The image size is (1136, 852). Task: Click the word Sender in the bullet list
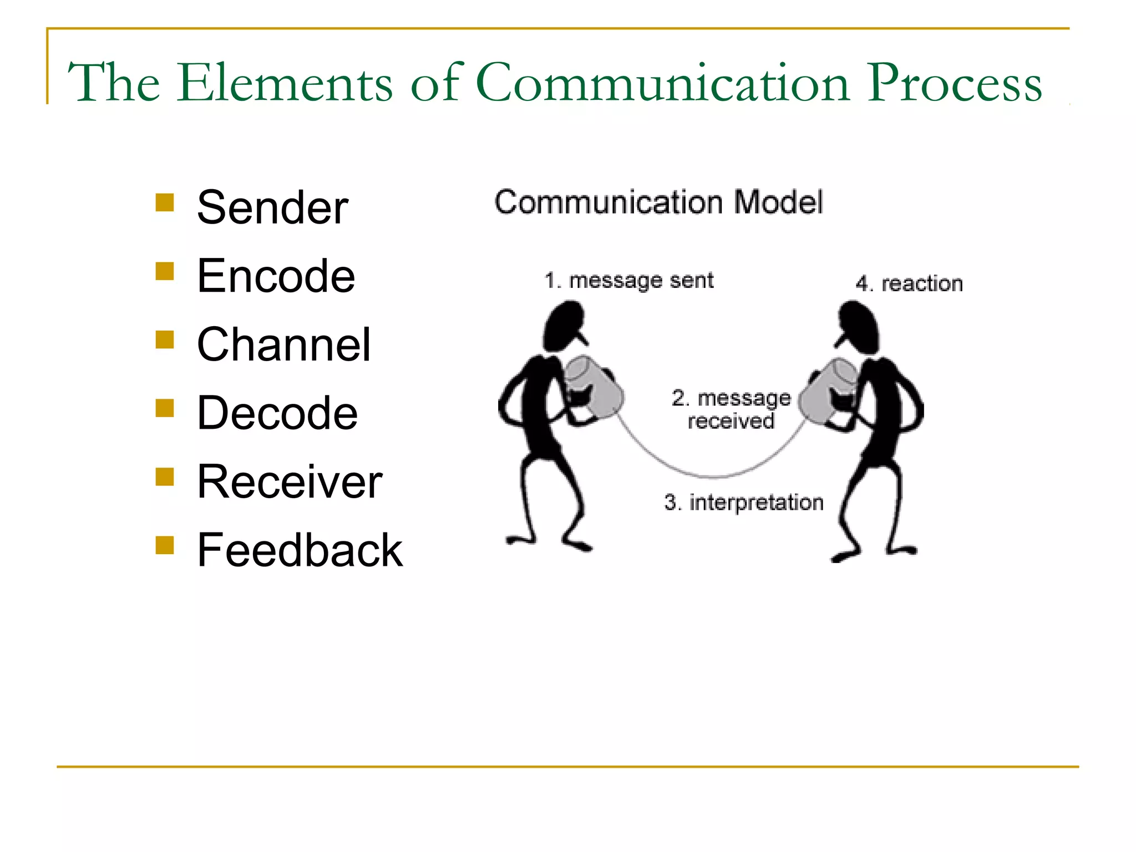tap(272, 207)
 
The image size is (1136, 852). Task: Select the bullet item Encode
tap(276, 276)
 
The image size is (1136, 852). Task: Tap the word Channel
tap(283, 344)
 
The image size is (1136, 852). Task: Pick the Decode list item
tap(277, 413)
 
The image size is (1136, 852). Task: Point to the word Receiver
tap(290, 481)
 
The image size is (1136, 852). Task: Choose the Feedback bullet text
tap(300, 550)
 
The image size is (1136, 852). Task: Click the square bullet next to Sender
tap(165, 202)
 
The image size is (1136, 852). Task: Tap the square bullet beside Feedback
tap(165, 545)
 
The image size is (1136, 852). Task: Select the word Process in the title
tap(954, 83)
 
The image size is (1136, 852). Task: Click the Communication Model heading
tap(658, 202)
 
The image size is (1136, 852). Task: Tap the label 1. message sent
tap(628, 281)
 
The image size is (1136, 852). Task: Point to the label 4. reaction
tap(909, 283)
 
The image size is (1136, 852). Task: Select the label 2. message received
tap(731, 409)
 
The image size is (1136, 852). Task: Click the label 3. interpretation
tap(743, 503)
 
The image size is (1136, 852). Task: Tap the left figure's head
tap(563, 326)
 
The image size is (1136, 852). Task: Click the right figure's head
tap(859, 327)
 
